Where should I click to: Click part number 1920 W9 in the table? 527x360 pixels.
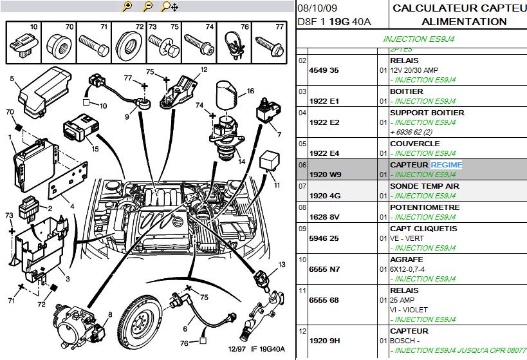[x=324, y=175]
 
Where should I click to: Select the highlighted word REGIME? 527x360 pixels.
[x=447, y=166]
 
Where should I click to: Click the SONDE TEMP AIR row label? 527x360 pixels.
[x=425, y=186]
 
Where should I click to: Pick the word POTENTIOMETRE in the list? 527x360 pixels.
[x=425, y=207]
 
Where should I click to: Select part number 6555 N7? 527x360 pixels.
[x=324, y=269]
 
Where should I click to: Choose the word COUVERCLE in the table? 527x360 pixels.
[x=414, y=144]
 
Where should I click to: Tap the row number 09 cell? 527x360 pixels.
[x=302, y=228]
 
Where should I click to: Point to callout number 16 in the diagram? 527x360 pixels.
[x=250, y=91]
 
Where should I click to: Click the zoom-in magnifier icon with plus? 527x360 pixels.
[x=127, y=7]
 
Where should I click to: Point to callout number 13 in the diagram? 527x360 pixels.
[x=281, y=265]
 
